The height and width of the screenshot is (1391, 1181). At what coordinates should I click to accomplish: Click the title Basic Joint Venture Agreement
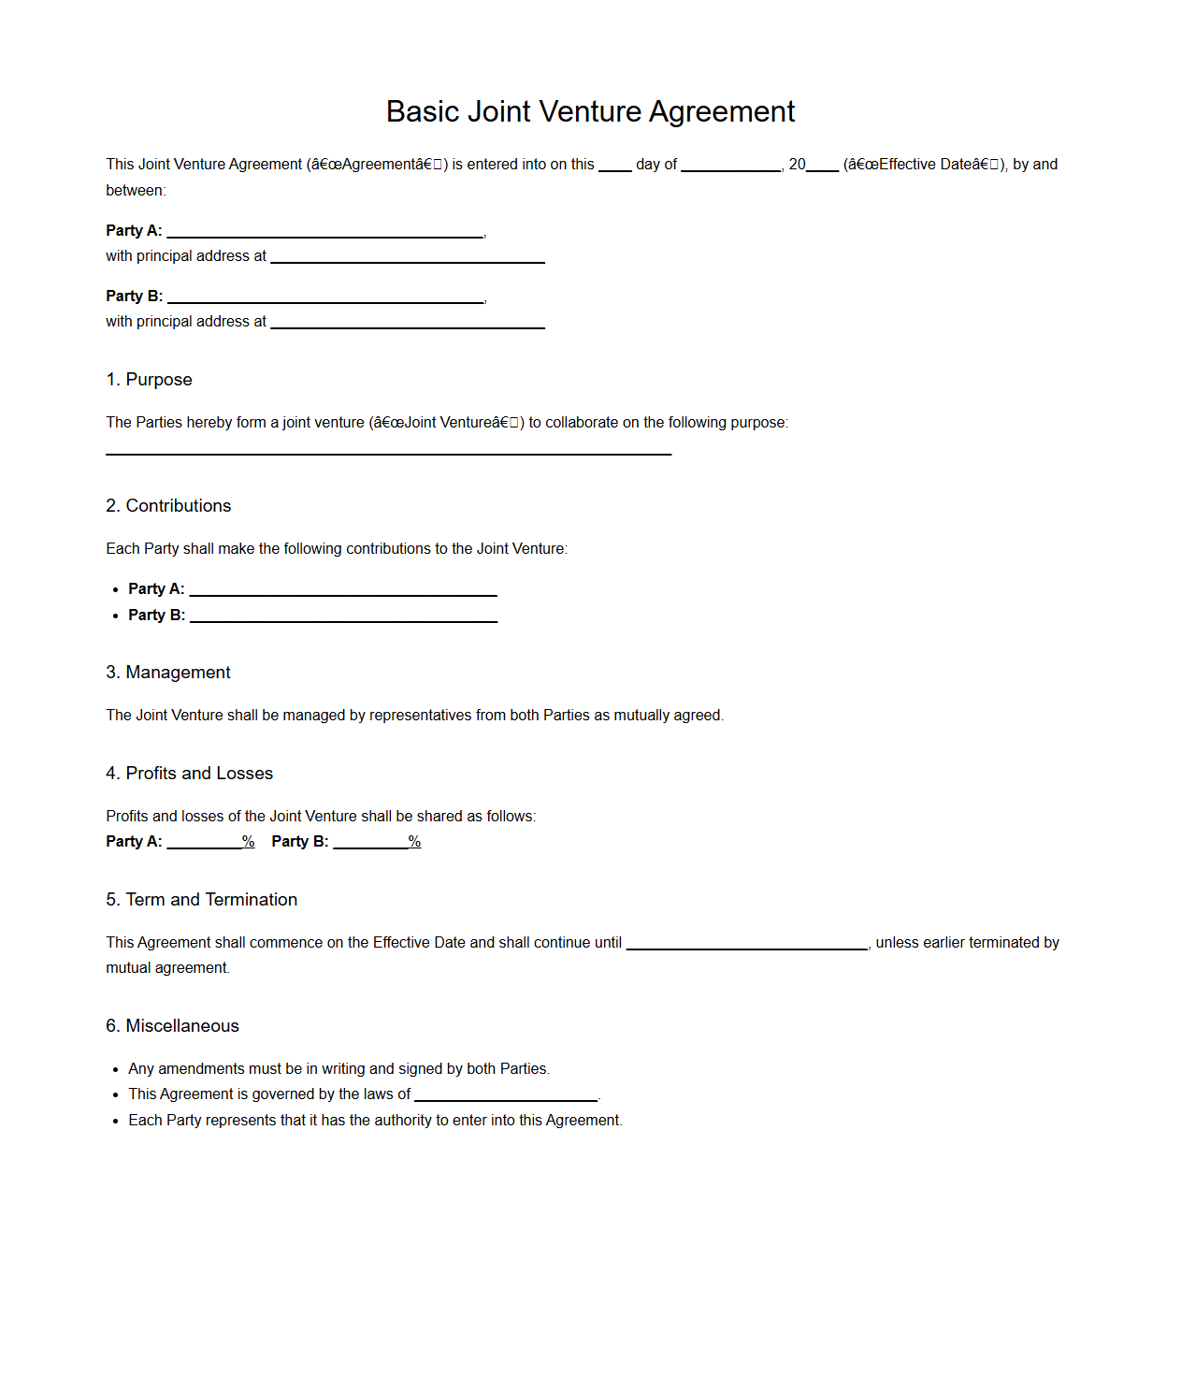tap(590, 111)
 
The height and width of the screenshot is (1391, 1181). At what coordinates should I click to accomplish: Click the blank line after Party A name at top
tap(324, 232)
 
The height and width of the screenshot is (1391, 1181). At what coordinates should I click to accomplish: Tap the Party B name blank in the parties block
tap(325, 297)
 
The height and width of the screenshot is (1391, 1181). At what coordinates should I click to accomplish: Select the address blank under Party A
tap(407, 257)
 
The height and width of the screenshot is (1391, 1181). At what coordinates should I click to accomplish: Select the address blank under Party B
tap(407, 323)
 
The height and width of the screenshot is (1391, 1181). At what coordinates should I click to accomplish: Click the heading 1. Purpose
tap(149, 380)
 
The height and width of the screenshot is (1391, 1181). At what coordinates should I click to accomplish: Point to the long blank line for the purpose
tap(388, 449)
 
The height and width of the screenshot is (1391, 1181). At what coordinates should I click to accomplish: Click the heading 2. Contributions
tap(168, 506)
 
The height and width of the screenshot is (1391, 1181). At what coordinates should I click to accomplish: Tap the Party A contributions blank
tap(342, 590)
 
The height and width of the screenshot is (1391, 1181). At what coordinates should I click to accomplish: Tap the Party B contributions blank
tap(343, 616)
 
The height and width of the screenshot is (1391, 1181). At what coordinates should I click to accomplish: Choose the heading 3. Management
tap(168, 673)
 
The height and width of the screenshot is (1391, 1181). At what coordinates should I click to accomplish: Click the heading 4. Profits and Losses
tap(189, 774)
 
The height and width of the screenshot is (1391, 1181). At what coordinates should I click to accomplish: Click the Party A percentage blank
tap(204, 843)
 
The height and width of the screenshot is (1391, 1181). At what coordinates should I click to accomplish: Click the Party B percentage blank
tap(370, 843)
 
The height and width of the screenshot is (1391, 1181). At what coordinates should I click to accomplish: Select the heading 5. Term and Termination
tap(201, 900)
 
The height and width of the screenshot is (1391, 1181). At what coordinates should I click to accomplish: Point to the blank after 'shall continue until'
tap(746, 944)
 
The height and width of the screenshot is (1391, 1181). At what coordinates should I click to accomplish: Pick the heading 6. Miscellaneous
tap(172, 1026)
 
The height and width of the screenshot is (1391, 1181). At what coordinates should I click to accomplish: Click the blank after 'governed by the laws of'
tap(505, 1095)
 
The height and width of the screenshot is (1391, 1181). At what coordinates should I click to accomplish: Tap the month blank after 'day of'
tap(730, 166)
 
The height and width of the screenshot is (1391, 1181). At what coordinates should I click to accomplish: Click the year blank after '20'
tap(822, 166)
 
